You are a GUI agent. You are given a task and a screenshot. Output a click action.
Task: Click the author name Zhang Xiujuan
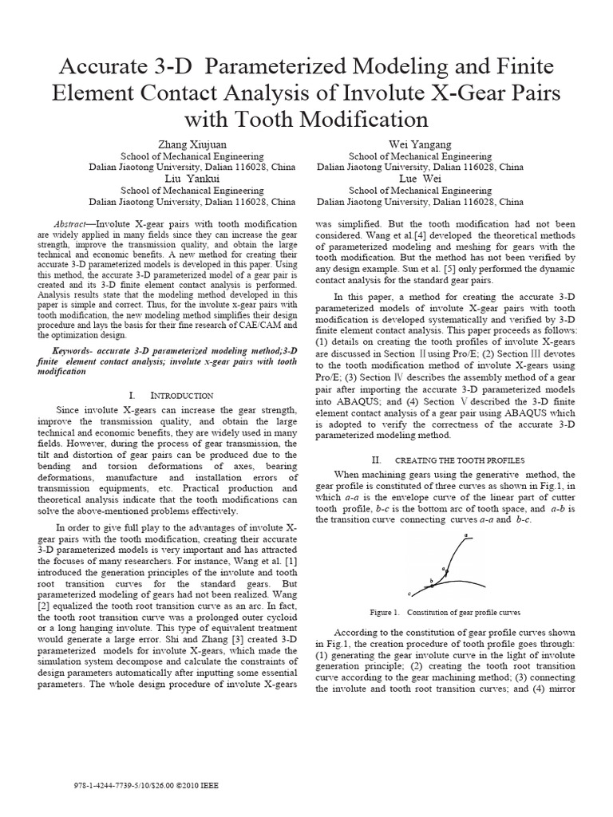point(191,145)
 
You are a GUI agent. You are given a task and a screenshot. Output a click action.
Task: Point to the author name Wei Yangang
point(420,145)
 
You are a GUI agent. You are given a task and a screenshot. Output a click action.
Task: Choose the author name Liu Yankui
point(191,180)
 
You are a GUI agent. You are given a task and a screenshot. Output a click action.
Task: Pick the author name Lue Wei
point(420,180)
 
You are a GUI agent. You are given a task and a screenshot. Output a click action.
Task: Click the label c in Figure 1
point(409,594)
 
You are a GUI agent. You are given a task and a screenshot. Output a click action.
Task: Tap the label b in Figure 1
point(431,580)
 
